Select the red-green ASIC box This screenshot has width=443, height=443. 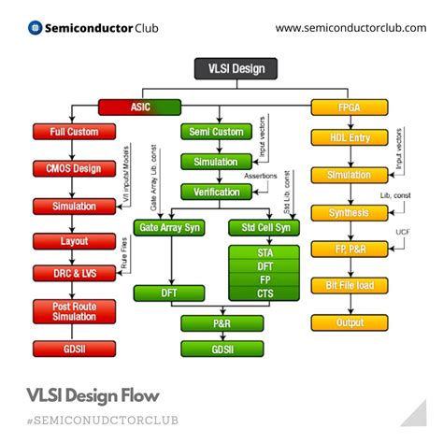[x=141, y=107]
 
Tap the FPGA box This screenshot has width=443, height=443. [x=350, y=107]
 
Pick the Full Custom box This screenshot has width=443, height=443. [x=75, y=132]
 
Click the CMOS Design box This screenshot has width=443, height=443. [x=75, y=168]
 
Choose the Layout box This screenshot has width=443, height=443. [x=75, y=241]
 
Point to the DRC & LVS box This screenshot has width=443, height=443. [x=75, y=273]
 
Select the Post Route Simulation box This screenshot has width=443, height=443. [x=75, y=312]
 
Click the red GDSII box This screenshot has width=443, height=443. [x=75, y=350]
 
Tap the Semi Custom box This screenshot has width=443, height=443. [x=217, y=132]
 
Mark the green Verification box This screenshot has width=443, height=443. [x=217, y=192]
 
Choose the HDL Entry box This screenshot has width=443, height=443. [x=350, y=139]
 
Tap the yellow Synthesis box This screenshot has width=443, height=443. [x=350, y=212]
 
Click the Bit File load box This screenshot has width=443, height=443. [x=350, y=285]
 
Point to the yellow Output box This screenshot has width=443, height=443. [x=350, y=322]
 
